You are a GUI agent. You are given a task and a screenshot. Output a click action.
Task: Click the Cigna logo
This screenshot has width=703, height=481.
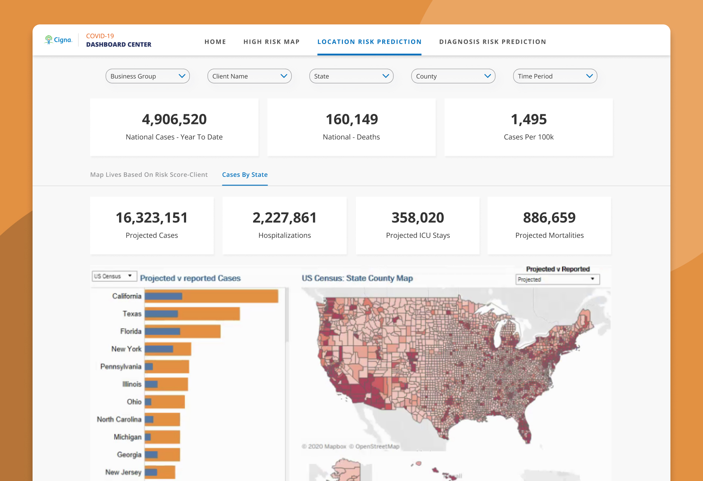[x=58, y=40]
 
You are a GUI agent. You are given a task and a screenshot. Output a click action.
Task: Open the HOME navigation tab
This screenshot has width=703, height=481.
[x=215, y=42]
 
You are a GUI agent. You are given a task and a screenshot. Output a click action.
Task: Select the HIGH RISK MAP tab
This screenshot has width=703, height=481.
[x=272, y=42]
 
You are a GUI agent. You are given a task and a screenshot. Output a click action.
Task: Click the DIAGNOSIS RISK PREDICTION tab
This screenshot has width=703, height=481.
[x=492, y=42]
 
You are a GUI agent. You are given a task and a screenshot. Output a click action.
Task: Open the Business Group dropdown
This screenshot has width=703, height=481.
[x=148, y=76]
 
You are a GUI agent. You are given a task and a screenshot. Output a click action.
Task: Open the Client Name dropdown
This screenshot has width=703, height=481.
[x=249, y=76]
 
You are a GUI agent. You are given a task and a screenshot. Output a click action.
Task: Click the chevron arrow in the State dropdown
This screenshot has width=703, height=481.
[x=386, y=76]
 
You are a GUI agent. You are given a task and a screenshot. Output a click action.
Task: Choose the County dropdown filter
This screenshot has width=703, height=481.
[x=453, y=76]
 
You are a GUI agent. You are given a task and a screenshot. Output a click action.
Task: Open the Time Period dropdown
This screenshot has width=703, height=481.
[x=555, y=76]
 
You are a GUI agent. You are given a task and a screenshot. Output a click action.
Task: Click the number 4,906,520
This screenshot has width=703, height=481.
[x=174, y=120]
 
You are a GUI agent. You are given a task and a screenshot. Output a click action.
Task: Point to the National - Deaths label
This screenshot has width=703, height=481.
[x=351, y=137]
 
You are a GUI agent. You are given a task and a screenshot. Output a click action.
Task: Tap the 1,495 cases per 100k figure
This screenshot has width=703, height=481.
[x=529, y=120]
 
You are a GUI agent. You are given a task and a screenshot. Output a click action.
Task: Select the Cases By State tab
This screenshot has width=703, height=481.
[x=245, y=175]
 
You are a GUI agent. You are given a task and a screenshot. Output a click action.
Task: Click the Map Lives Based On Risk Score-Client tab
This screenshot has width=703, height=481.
[x=149, y=175]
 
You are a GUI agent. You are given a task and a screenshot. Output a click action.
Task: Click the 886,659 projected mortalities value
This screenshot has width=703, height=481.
[x=549, y=218]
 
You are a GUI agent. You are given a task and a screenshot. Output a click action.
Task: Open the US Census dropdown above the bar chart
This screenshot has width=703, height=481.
[x=114, y=276]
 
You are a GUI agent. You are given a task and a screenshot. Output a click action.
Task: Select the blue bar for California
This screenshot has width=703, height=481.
[x=164, y=296]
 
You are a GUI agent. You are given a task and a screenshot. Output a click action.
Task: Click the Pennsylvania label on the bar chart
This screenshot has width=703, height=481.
[x=121, y=367]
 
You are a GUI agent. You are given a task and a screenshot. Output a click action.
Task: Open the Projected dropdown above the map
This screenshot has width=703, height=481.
[x=557, y=279]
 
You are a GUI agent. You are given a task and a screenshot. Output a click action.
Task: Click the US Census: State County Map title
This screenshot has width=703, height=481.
[x=357, y=278]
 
